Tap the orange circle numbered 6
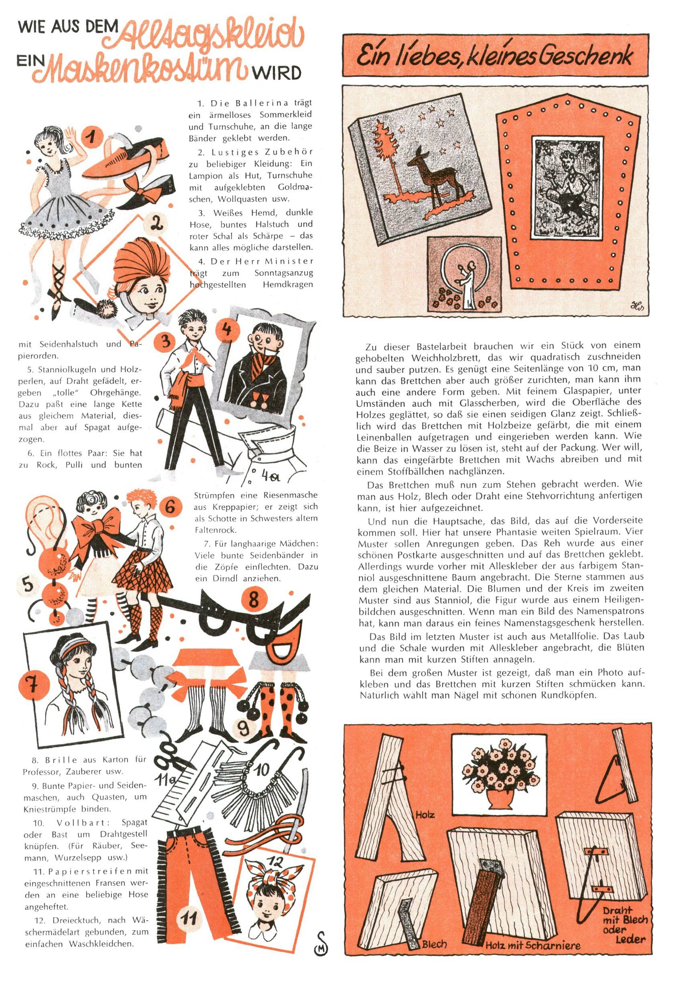pos(170,508)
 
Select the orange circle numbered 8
pos(254,600)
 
